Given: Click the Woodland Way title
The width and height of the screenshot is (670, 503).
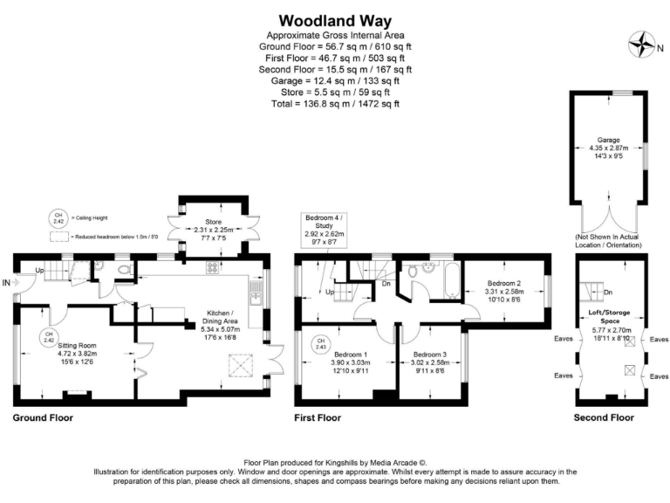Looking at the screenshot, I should (335, 20).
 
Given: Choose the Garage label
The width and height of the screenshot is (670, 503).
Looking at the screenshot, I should (608, 140).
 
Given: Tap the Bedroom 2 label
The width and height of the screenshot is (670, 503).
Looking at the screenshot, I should (503, 284).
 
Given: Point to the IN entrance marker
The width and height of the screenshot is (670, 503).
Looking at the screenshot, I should (7, 283).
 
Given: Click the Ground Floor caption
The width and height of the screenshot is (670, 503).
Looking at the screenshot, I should (43, 418).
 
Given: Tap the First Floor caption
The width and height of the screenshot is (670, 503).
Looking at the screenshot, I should (318, 418).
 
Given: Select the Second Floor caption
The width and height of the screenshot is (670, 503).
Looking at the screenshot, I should (604, 418).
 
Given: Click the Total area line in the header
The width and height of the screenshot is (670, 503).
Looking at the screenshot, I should (335, 104).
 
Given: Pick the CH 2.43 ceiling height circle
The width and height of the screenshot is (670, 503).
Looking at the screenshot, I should (320, 344).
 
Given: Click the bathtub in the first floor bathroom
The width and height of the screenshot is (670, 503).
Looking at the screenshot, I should (451, 282).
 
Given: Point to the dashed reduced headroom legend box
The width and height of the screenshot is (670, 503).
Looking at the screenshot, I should (58, 236).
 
